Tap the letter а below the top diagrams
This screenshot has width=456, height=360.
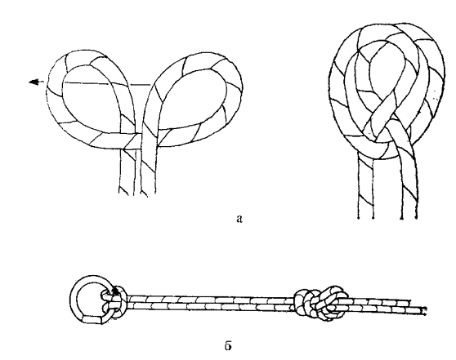(239, 219)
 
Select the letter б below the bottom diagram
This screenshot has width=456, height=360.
(228, 345)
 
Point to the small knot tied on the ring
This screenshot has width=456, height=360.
(115, 301)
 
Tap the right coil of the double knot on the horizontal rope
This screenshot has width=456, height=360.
(332, 303)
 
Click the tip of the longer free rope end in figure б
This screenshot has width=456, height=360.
(426, 311)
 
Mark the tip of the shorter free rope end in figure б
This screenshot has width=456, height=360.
(410, 302)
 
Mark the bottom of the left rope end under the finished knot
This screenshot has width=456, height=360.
(365, 216)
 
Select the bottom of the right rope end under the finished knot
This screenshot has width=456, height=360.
(409, 216)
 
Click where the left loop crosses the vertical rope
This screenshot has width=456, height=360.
(128, 141)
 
